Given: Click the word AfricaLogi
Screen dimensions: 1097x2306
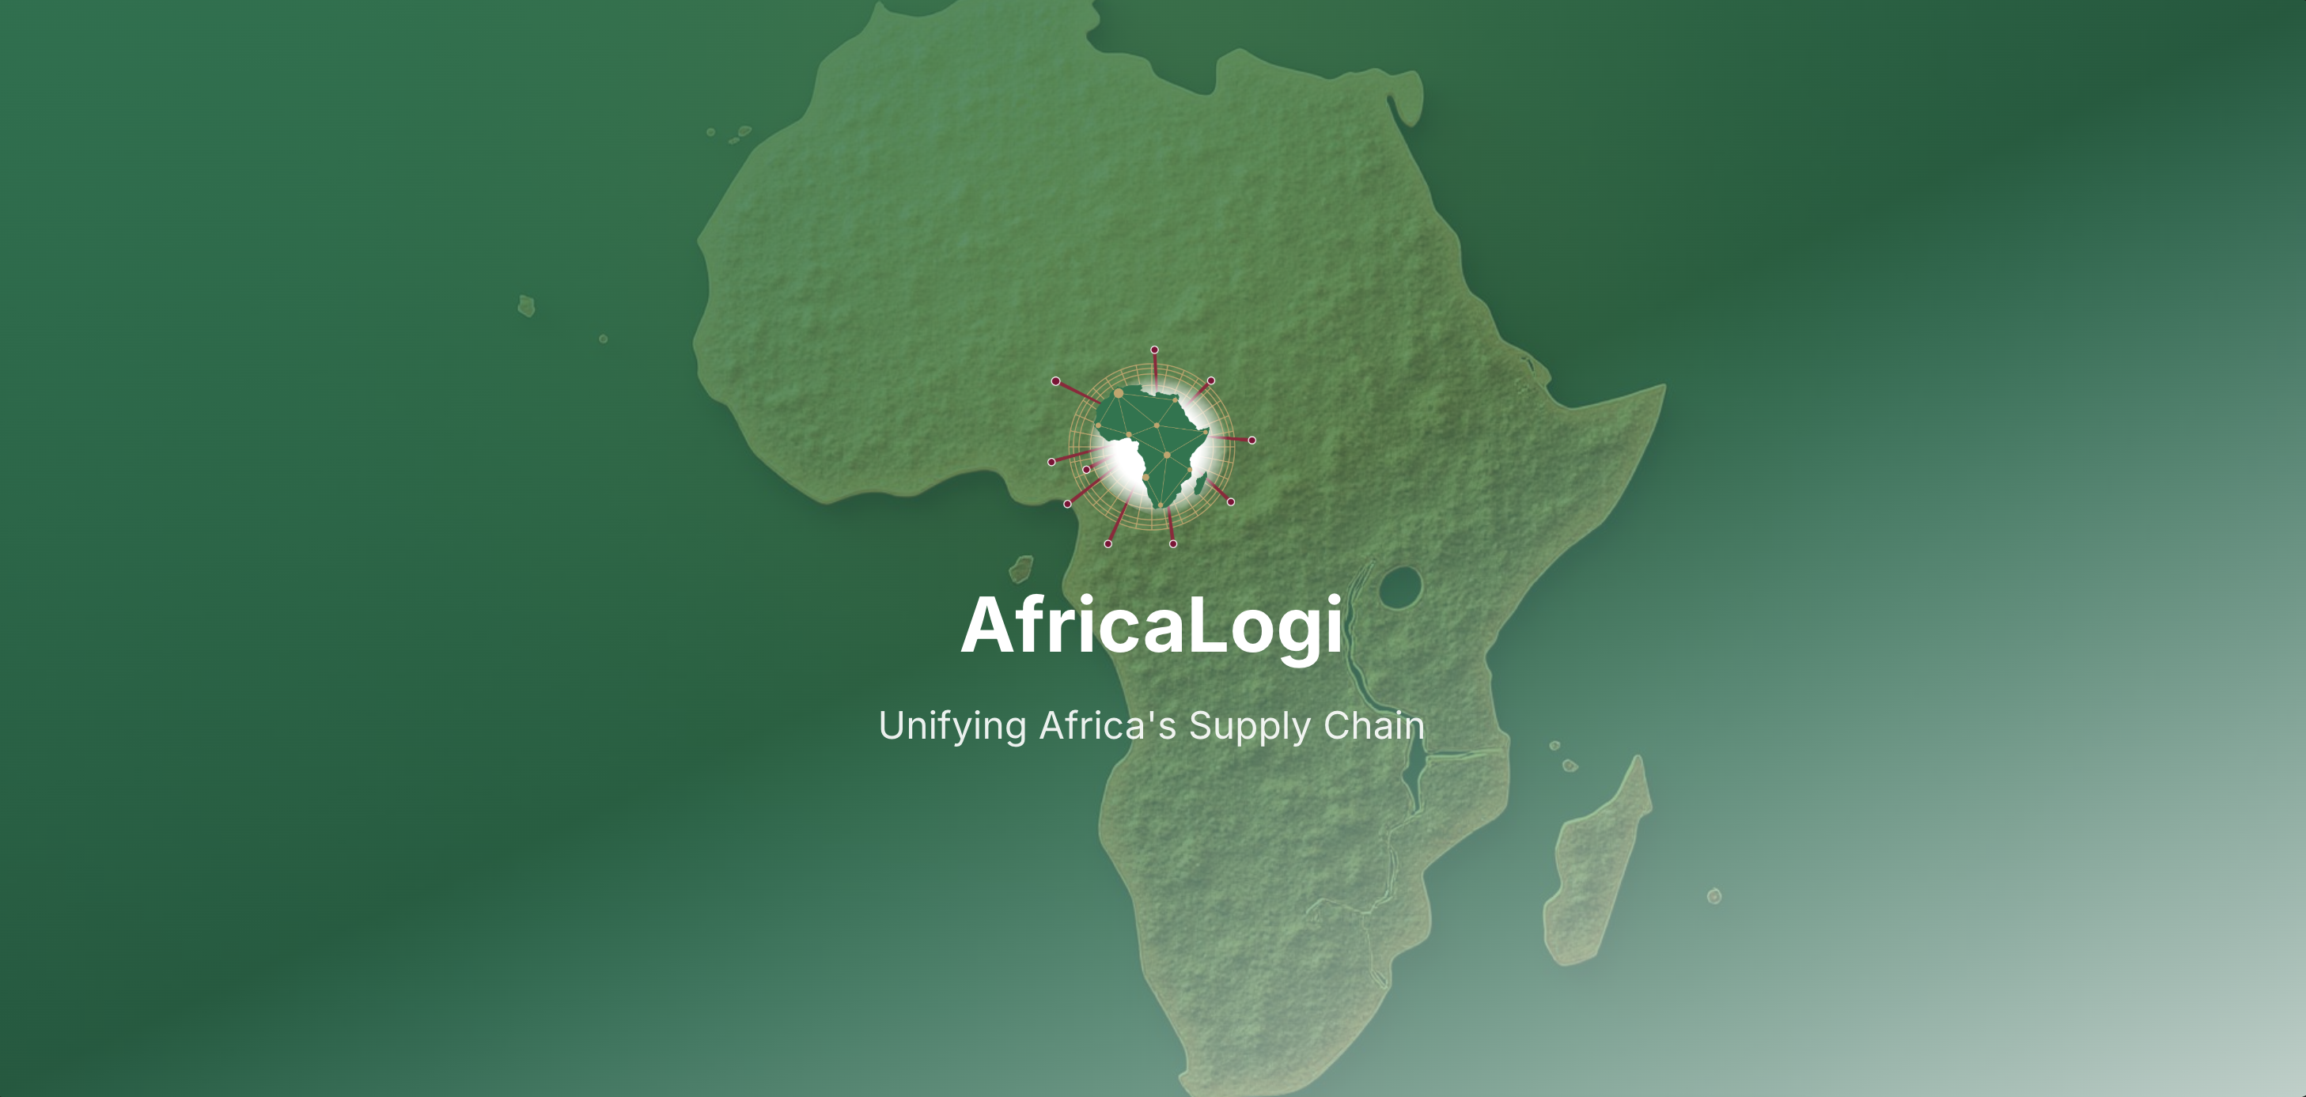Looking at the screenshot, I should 1151,626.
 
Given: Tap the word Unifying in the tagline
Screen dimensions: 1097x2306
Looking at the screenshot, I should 952,727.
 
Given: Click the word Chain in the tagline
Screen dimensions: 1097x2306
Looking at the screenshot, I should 1373,726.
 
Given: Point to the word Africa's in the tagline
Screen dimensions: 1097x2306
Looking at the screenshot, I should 1108,726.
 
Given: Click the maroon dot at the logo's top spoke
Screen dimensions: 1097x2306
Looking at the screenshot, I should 1155,350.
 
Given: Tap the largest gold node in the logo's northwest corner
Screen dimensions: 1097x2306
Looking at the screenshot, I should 1118,393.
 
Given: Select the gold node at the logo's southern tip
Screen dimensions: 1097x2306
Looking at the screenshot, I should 1161,505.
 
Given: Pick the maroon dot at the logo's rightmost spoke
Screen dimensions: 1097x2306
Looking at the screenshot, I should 1251,441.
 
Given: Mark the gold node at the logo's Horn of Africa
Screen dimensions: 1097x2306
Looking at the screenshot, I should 1206,434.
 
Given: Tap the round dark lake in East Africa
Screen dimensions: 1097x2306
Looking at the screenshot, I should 1400,587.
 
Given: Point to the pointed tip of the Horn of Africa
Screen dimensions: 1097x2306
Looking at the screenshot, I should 1664,388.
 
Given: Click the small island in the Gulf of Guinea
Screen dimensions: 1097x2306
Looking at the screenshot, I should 1021,568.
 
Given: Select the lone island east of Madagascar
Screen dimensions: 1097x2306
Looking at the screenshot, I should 1714,895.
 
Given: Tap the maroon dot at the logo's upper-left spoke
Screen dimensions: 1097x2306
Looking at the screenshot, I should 1056,381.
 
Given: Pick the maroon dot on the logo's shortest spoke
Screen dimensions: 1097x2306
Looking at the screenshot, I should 1087,469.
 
